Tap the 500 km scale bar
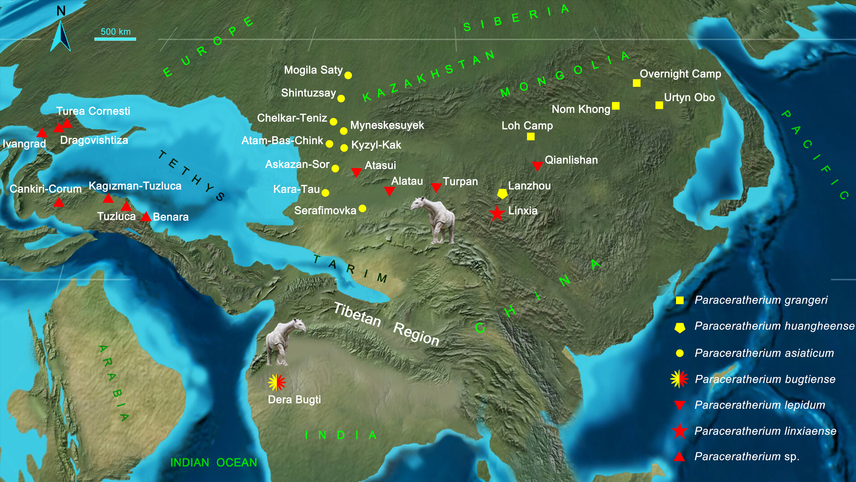pos(115,39)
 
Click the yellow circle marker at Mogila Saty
pos(348,75)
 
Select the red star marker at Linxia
pos(497,213)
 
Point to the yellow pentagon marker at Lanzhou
pos(502,194)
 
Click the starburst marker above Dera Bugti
pos(277,382)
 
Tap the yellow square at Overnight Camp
pos(637,83)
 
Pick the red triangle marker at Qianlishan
pos(537,166)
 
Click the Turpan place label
pos(460,181)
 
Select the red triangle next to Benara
pos(146,217)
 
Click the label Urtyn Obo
pos(689,97)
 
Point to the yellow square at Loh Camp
pos(531,136)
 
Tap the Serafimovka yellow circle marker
pos(362,209)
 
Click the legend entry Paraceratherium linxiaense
pos(765,431)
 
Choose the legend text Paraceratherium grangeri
pos(761,300)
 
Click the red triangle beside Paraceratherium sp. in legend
pos(679,457)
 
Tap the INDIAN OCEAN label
pos(213,462)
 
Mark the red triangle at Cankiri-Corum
pos(59,203)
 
